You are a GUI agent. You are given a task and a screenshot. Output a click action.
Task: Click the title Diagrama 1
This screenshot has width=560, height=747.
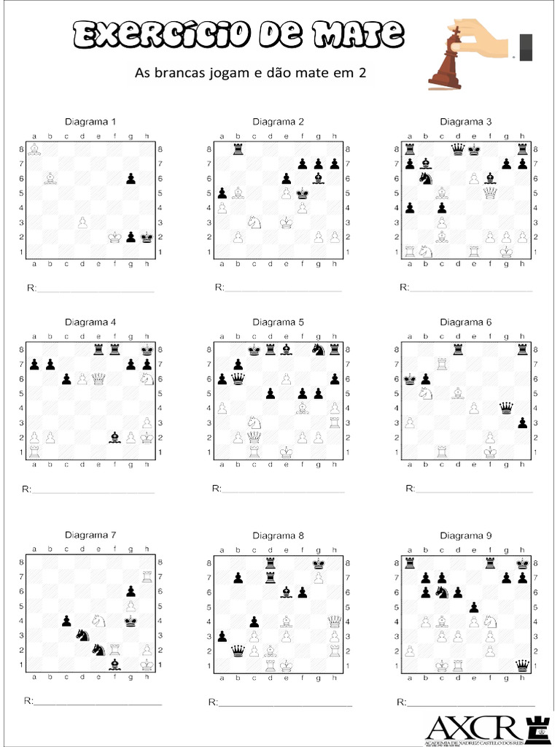coord(90,121)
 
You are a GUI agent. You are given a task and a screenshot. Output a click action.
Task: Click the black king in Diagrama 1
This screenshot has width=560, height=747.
coord(147,237)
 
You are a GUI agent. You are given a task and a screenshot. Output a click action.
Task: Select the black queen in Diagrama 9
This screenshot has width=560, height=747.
coord(522,665)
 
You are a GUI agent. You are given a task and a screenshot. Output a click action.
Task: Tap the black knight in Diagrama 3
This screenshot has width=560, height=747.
coord(426,179)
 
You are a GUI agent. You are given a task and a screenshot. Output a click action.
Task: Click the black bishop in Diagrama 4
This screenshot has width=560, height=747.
coord(114,438)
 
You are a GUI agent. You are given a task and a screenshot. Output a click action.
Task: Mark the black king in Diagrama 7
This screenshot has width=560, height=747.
coord(131,621)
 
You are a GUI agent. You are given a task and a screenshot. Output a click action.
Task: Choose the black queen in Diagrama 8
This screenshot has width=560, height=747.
coord(238,651)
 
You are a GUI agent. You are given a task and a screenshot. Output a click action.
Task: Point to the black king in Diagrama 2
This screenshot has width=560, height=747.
coord(302,193)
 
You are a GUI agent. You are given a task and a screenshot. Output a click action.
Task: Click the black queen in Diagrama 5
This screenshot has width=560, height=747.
coord(238,378)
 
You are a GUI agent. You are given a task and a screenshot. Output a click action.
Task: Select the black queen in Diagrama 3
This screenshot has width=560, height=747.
coord(458,150)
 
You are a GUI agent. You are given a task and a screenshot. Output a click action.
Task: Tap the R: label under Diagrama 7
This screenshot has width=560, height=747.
coord(29,701)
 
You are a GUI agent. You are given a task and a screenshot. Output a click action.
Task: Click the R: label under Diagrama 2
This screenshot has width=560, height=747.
coord(219,287)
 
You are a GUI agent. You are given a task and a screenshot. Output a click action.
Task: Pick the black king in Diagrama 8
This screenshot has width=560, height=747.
coord(318,563)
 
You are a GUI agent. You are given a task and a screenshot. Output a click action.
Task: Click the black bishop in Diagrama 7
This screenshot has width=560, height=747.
coord(114,665)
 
